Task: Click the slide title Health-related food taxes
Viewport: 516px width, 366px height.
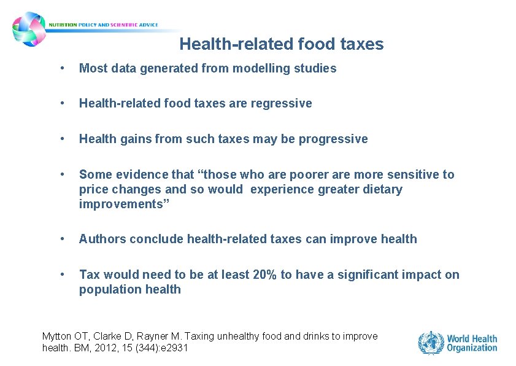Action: (281, 44)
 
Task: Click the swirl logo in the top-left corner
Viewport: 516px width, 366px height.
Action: (29, 28)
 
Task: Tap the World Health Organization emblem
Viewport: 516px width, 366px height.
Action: (431, 343)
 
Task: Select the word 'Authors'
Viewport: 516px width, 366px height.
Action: (101, 239)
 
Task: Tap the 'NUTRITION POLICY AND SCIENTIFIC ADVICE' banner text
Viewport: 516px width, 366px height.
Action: (103, 25)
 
